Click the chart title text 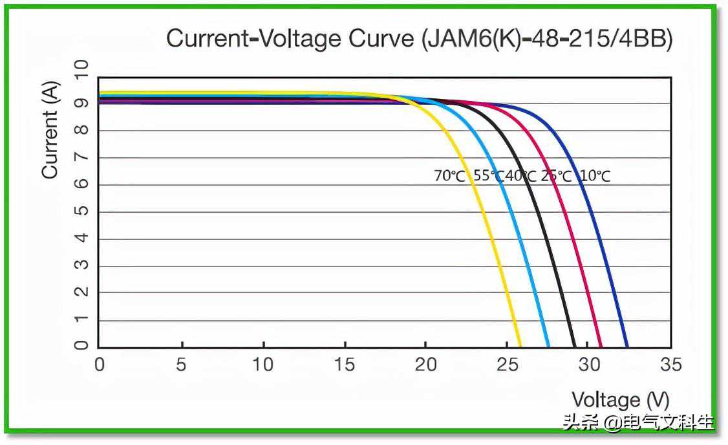pyautogui.click(x=419, y=39)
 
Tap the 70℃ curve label pyautogui.click(x=449, y=176)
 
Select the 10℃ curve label pyautogui.click(x=595, y=176)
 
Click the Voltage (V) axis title pyautogui.click(x=620, y=400)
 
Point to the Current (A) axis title pyautogui.click(x=50, y=129)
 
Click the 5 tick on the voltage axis pyautogui.click(x=181, y=365)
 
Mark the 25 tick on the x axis pyautogui.click(x=507, y=365)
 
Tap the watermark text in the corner pyautogui.click(x=637, y=424)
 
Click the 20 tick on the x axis pyautogui.click(x=425, y=365)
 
